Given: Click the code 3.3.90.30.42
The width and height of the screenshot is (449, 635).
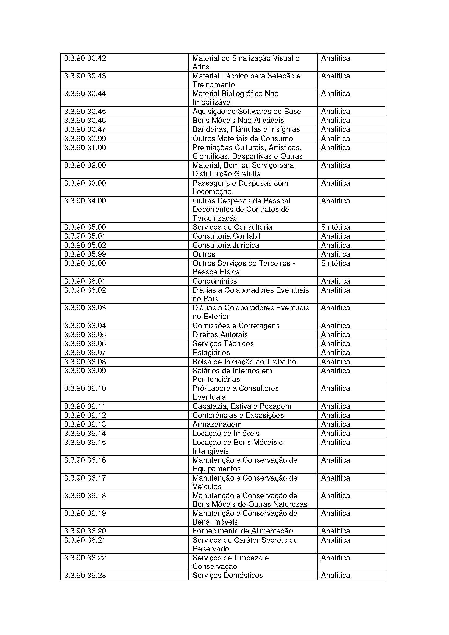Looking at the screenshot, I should [x=85, y=58].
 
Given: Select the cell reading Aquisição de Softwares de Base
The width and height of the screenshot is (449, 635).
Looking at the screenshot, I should [x=246, y=112].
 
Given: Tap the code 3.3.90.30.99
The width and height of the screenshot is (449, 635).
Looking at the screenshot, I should [x=85, y=138].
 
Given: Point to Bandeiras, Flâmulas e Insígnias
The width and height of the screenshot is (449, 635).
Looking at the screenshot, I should [x=246, y=129].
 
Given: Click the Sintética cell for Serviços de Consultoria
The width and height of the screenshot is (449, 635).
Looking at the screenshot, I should [x=335, y=227].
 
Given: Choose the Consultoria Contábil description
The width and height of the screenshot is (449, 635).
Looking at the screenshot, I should [x=226, y=236].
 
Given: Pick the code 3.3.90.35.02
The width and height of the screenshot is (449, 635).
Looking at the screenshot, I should [x=85, y=245].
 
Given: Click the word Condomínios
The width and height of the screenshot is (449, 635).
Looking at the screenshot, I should [x=215, y=281].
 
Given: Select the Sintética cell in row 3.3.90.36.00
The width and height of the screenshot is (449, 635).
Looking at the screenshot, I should [x=335, y=263].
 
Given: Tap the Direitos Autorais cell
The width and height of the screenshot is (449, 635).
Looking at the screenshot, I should [x=220, y=335].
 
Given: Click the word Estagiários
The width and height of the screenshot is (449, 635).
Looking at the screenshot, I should [x=211, y=353].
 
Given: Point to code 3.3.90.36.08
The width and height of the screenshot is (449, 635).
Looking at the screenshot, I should [x=85, y=362].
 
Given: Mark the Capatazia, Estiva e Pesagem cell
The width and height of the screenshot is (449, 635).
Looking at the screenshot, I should [x=242, y=406].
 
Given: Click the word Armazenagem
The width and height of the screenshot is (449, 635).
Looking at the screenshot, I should [x=217, y=424].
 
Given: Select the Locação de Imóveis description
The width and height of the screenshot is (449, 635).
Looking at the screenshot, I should [x=226, y=433].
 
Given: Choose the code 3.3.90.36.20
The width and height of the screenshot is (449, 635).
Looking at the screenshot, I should [x=85, y=531].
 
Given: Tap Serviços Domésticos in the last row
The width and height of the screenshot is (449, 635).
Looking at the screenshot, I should [x=227, y=576].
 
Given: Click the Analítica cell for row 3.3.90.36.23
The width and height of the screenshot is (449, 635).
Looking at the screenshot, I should [x=335, y=576].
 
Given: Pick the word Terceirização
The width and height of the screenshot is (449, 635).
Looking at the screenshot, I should [x=215, y=218].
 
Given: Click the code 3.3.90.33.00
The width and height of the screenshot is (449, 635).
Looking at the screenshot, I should [x=85, y=183].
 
